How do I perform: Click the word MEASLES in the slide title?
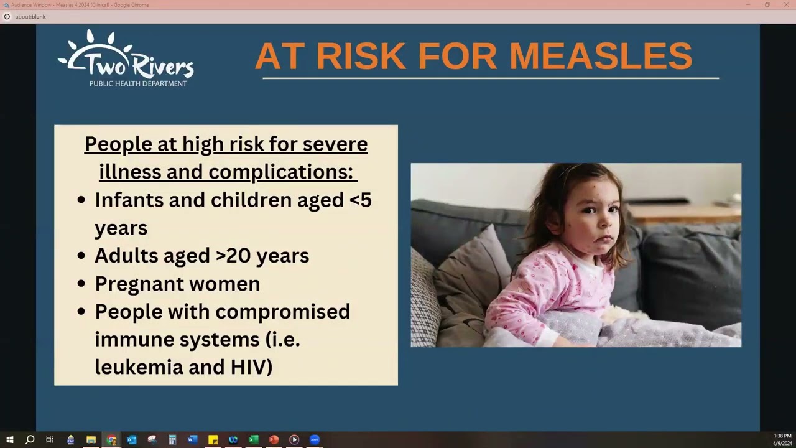(x=600, y=56)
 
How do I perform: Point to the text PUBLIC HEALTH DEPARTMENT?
(x=137, y=83)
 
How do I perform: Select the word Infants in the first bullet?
(x=130, y=200)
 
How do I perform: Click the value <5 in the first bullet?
(x=359, y=200)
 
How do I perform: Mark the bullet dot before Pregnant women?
(x=81, y=284)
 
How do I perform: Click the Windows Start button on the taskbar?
(x=9, y=440)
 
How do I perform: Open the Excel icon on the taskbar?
(x=253, y=440)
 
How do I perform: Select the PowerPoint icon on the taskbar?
(x=274, y=440)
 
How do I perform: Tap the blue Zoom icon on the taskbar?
(x=314, y=440)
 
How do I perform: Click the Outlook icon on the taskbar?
(x=131, y=440)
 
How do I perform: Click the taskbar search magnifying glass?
(x=29, y=440)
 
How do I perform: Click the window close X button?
(x=786, y=5)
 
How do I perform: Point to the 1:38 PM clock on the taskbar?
(x=782, y=436)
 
